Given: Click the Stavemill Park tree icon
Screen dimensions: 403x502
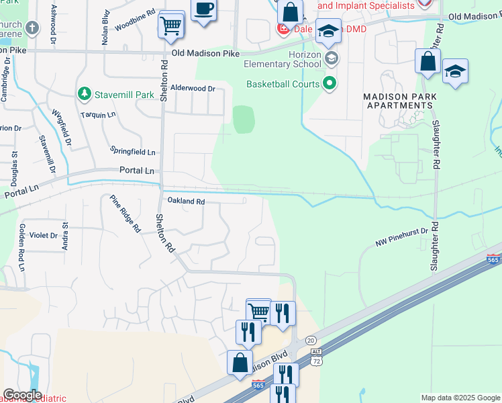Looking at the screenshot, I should point(85,92).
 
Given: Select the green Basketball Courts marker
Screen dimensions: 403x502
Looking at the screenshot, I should point(330,84).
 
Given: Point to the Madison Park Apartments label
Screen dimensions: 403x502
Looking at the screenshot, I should point(399,101).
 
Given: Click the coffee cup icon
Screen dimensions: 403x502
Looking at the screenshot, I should point(204,9).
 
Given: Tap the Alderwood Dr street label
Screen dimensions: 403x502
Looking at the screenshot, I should point(193,88).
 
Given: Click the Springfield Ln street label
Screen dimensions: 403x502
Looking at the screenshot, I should point(133,152).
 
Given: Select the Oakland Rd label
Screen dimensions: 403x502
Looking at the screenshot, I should point(186,201).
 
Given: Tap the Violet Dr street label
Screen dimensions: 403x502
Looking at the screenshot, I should point(43,236).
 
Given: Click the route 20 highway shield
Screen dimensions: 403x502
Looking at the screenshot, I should point(311,341).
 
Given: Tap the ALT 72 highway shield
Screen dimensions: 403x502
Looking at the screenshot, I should point(315,359).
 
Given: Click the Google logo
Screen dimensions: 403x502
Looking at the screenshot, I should point(22,395).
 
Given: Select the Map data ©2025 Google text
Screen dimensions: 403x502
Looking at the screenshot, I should point(460,398).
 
